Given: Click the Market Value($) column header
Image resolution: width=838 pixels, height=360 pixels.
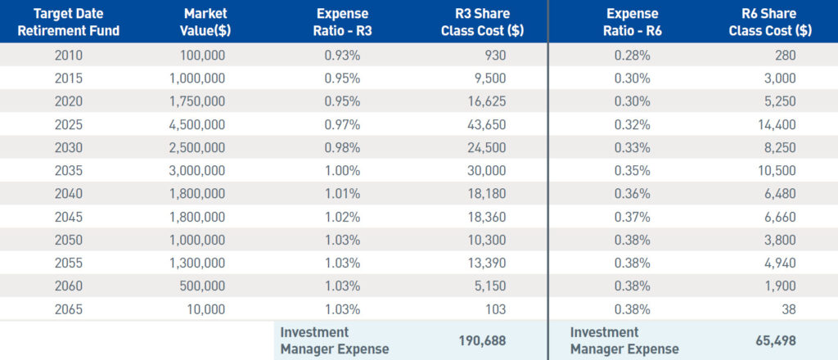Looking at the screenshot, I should pyautogui.click(x=205, y=23).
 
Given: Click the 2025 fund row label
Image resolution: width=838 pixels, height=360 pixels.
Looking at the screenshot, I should pyautogui.click(x=70, y=125).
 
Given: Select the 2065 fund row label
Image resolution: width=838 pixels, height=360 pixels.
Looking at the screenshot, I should pyautogui.click(x=70, y=309).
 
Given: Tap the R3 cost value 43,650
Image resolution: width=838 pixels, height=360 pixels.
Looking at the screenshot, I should pyautogui.click(x=486, y=125).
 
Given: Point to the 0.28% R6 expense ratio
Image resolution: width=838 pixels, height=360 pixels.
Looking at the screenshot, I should pyautogui.click(x=633, y=56).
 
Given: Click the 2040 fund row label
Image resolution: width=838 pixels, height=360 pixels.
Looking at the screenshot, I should pyautogui.click(x=70, y=194).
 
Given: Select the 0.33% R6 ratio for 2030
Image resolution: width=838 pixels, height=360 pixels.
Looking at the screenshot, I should pyautogui.click(x=633, y=148).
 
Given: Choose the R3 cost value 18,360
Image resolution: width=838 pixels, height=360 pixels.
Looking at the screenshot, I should pyautogui.click(x=486, y=218).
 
